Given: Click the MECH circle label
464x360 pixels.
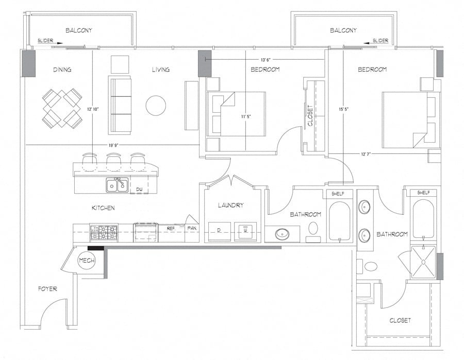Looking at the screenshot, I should tap(87, 261).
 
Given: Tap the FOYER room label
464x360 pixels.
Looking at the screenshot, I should tap(47, 289).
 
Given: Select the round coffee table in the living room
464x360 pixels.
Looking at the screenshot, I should tap(156, 106).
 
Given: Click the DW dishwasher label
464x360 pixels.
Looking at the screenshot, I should tap(139, 190).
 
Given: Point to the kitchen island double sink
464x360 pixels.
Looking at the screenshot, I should tap(117, 185).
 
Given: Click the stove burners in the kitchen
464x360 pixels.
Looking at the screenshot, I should tap(104, 233).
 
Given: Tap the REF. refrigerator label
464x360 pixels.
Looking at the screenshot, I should tap(171, 227).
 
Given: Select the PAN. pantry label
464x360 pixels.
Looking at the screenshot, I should tap(192, 227).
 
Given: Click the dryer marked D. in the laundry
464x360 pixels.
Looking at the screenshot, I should tap(219, 231).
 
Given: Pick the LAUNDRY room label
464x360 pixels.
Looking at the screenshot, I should tap(230, 205).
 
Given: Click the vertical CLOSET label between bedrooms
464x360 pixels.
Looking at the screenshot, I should tap(310, 116).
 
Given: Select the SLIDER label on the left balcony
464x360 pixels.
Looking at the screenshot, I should tap(46, 41).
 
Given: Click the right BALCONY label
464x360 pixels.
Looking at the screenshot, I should tap(343, 30).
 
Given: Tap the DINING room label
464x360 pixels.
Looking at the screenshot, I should tap(62, 70).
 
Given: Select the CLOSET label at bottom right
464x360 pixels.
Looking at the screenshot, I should tap(400, 320).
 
